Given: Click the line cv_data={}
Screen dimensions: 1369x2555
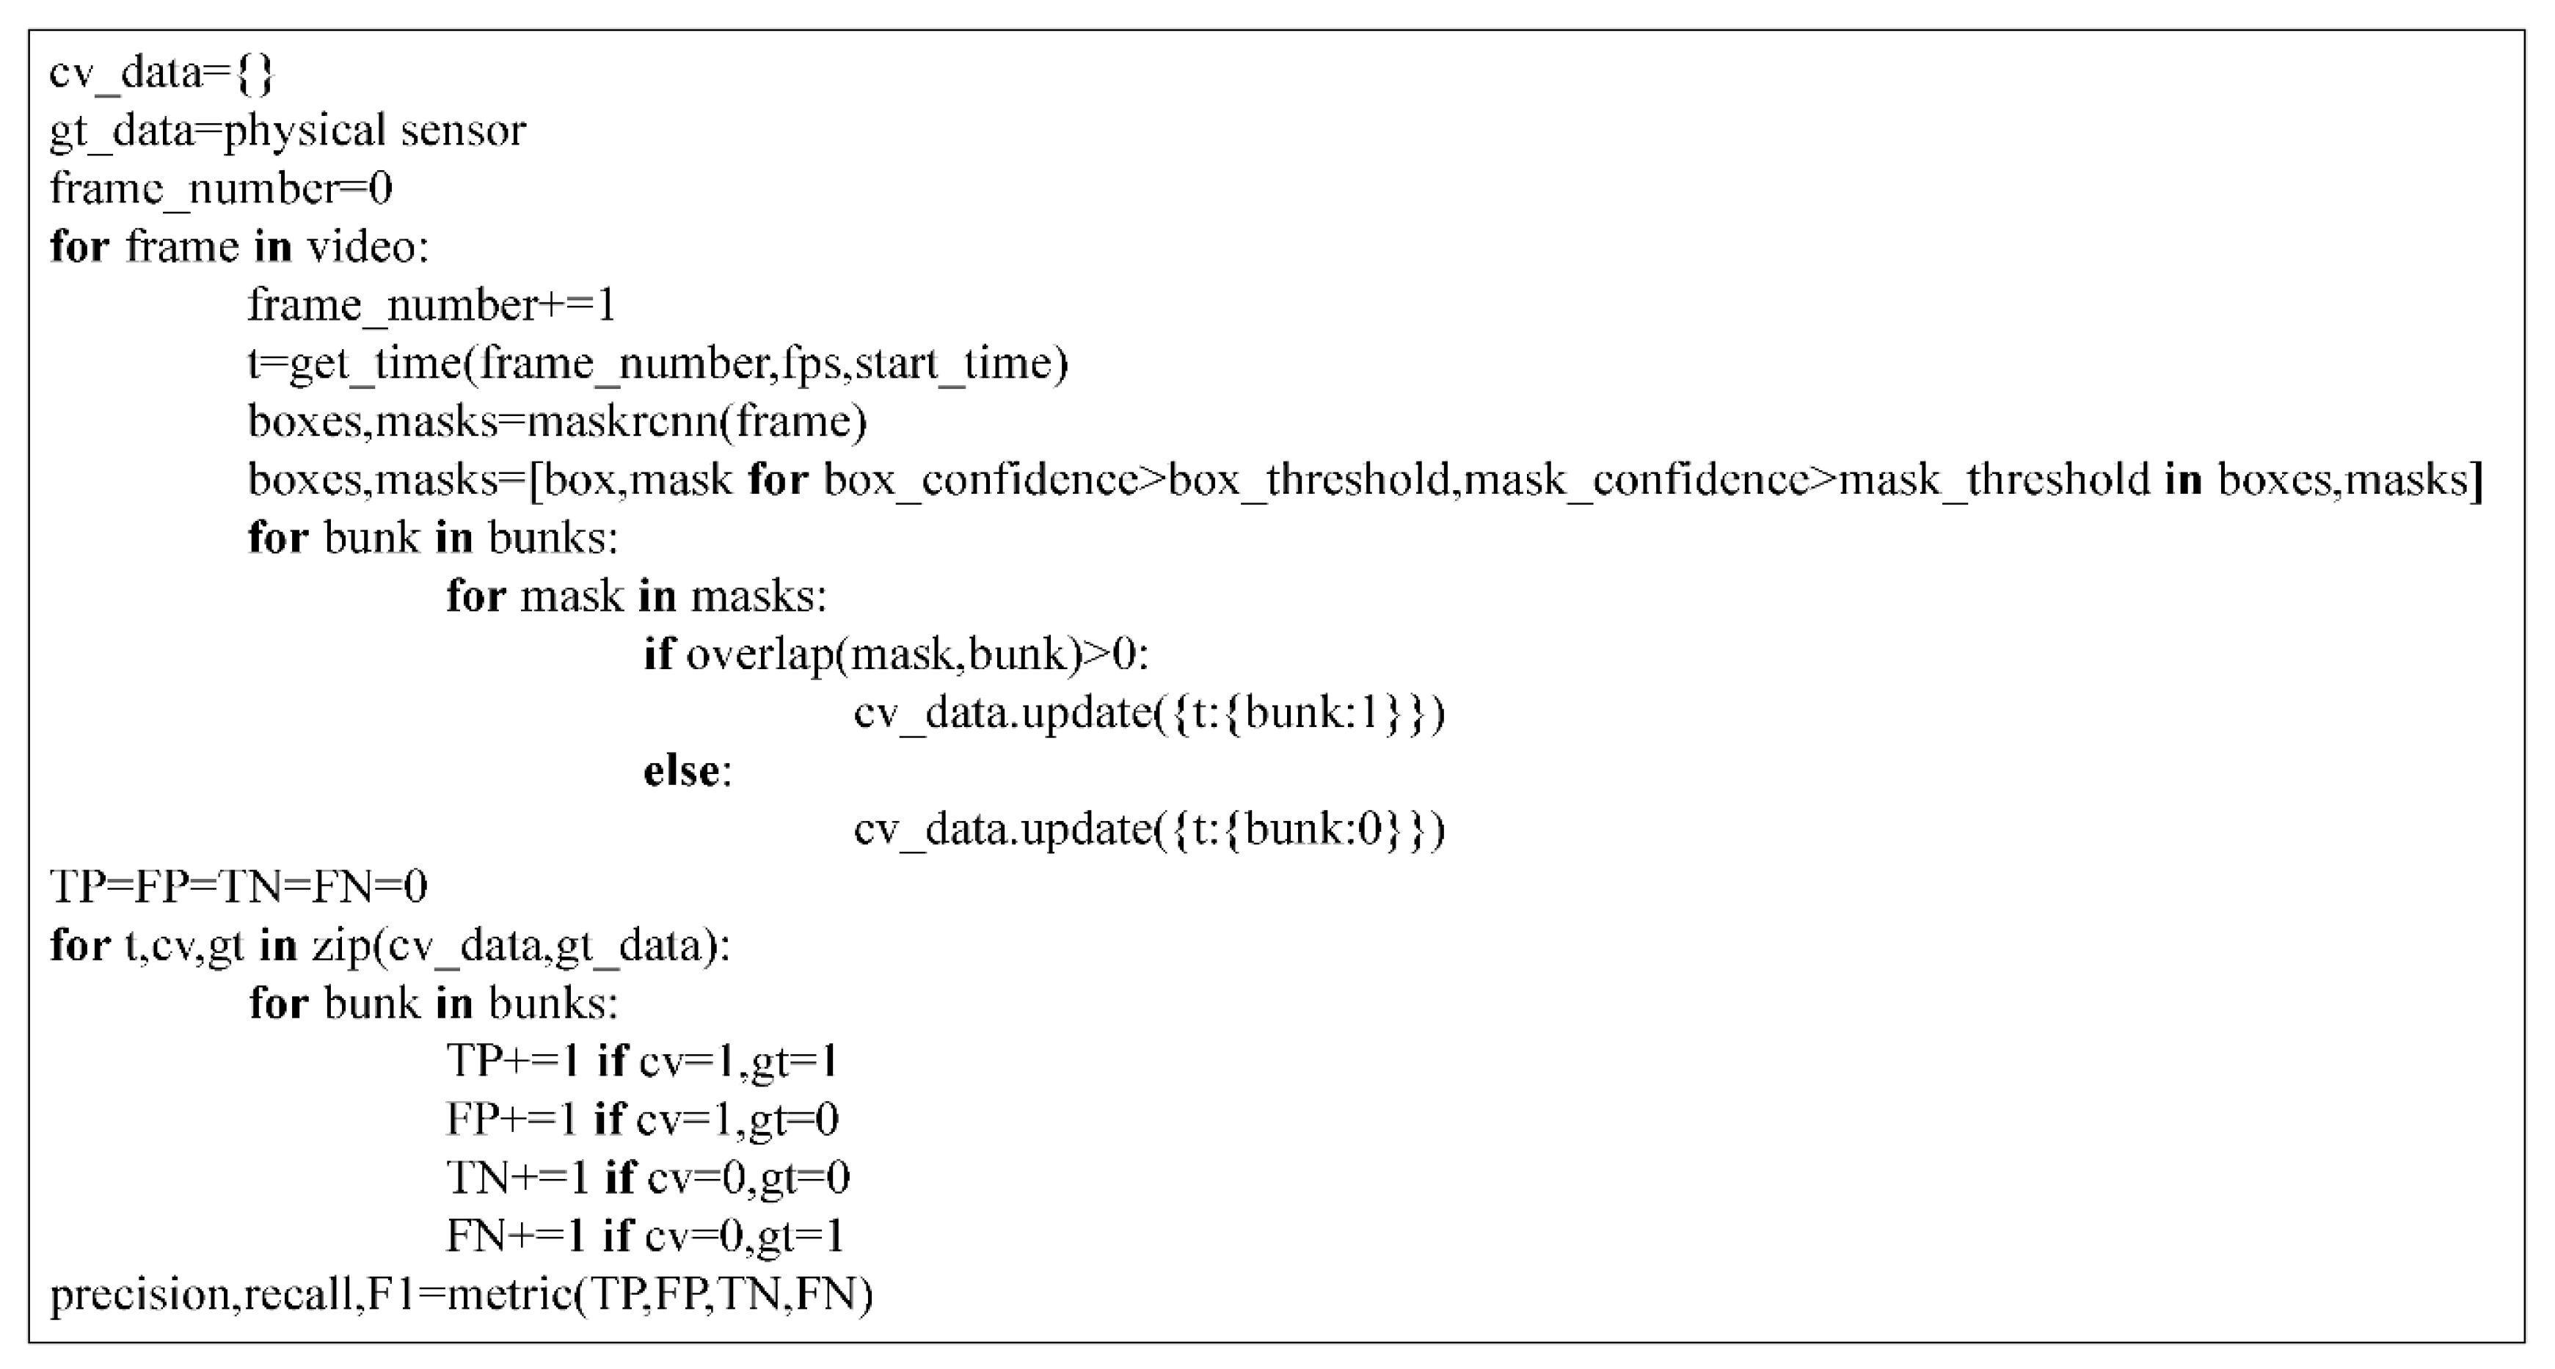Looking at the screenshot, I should [x=161, y=73].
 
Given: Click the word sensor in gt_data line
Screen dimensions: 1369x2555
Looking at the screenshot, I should [x=462, y=131].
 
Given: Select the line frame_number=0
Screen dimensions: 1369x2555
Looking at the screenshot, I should [x=221, y=189].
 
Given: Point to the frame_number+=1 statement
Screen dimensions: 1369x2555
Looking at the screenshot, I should [x=431, y=304].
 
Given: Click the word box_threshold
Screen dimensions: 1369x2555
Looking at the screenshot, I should [x=1309, y=480].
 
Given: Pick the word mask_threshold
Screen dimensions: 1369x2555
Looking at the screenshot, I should [x=1994, y=480].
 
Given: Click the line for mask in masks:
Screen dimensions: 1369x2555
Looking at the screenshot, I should [x=635, y=596].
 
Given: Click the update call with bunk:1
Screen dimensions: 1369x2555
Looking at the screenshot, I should [x=1148, y=713].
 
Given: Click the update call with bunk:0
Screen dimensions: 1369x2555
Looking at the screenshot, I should [x=1148, y=829].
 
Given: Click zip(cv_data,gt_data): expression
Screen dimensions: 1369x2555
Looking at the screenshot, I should [x=521, y=946].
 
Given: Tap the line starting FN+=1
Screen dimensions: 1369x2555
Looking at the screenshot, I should [x=645, y=1236].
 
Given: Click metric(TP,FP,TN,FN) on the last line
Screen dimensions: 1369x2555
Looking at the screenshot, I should [x=660, y=1295].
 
